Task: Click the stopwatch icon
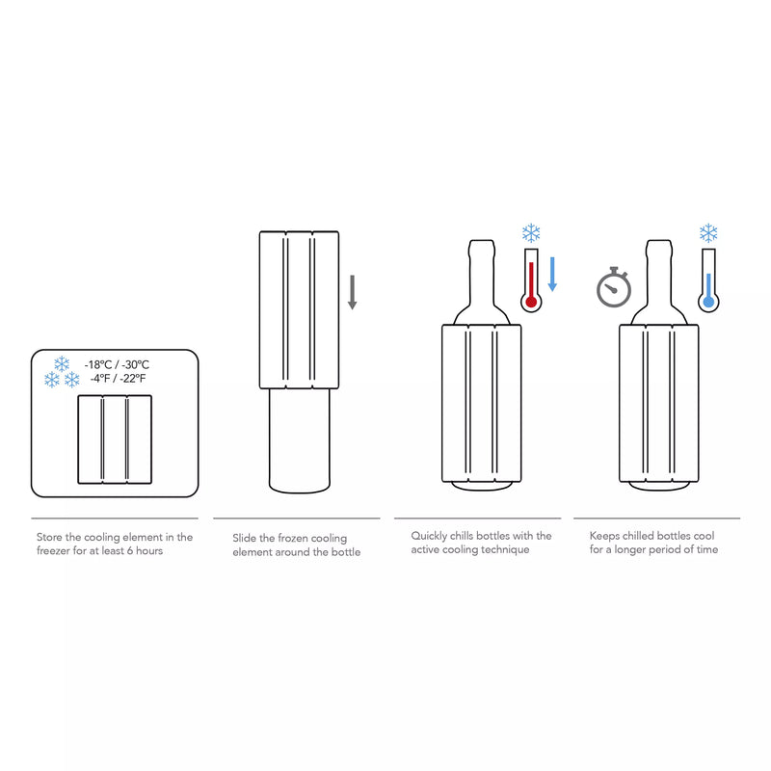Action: (613, 287)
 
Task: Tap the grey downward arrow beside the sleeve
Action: (353, 292)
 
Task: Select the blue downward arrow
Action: (553, 274)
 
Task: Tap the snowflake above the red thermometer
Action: (531, 233)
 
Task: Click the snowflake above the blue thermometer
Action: (708, 232)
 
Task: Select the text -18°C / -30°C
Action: (117, 364)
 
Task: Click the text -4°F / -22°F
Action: (117, 379)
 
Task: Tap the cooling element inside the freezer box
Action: (115, 439)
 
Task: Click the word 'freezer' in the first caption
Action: (54, 550)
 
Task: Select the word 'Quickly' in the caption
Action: (432, 536)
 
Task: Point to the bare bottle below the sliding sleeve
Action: (298, 439)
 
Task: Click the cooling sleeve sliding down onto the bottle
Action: (299, 309)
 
